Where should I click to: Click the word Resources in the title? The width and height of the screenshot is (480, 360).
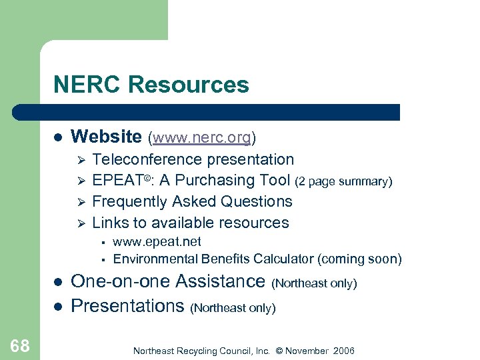(x=189, y=85)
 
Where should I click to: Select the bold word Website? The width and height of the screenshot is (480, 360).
(x=106, y=137)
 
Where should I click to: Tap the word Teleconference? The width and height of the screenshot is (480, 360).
(x=147, y=160)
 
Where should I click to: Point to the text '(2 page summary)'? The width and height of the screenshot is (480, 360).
(x=344, y=181)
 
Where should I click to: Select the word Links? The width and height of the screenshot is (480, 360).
(x=109, y=223)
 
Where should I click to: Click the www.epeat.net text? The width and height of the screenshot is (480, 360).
(x=157, y=242)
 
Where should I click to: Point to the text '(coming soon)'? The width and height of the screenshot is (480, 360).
(x=361, y=259)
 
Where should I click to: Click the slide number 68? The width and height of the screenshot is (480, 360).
(x=20, y=345)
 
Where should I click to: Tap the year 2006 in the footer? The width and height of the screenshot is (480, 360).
(x=343, y=351)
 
